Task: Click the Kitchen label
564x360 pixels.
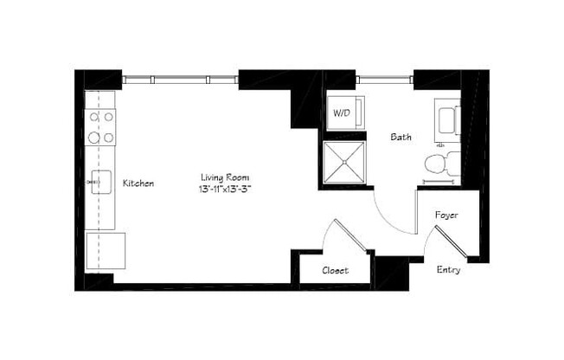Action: [138, 183]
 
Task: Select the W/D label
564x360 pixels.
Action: [341, 113]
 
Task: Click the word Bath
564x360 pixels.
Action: [401, 137]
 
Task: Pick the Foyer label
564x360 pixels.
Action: [446, 215]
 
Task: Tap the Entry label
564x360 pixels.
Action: [448, 270]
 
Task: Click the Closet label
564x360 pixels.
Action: [335, 271]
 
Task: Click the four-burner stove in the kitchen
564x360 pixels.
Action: [101, 126]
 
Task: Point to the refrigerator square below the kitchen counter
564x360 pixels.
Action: [106, 251]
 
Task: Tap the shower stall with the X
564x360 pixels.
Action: [344, 163]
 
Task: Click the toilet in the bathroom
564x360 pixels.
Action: [439, 163]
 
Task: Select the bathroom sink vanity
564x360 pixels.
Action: [447, 119]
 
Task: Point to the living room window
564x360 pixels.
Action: [180, 80]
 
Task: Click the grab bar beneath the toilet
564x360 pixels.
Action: [440, 182]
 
